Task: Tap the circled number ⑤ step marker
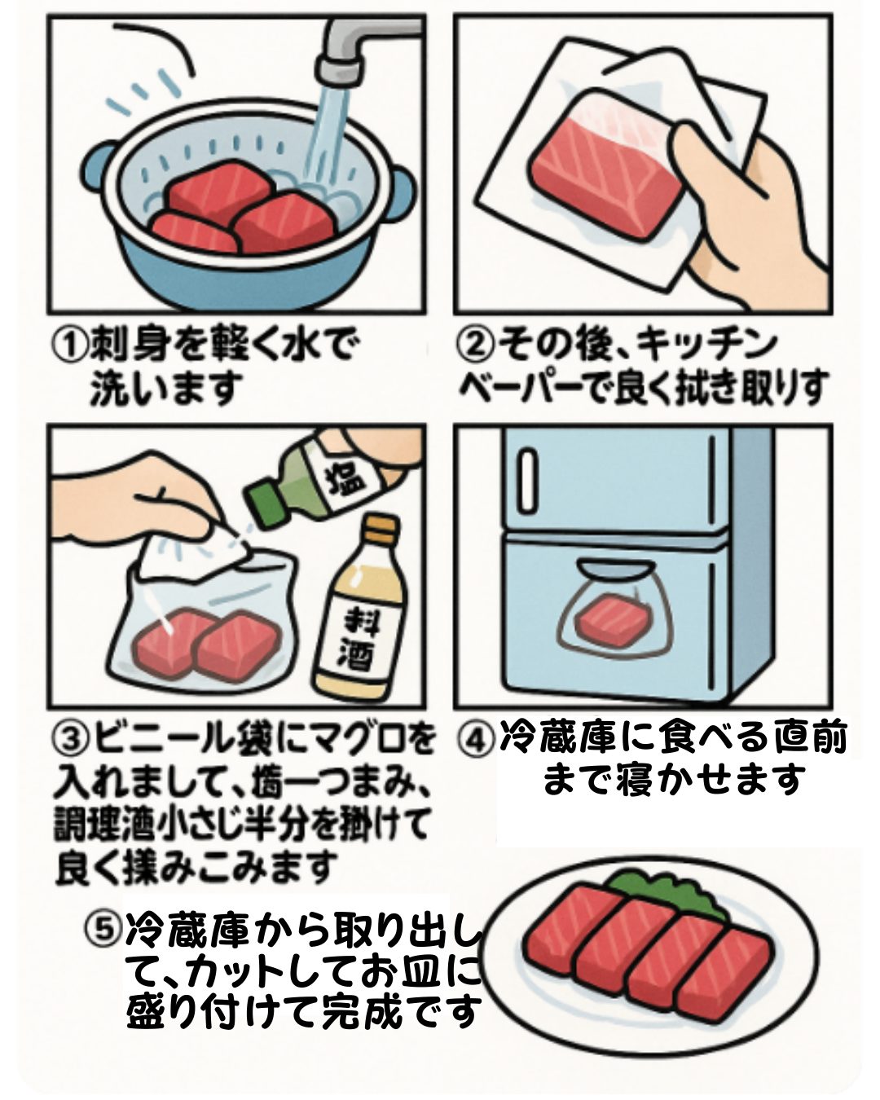tap(104, 926)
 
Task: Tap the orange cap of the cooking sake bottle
tap(378, 530)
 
